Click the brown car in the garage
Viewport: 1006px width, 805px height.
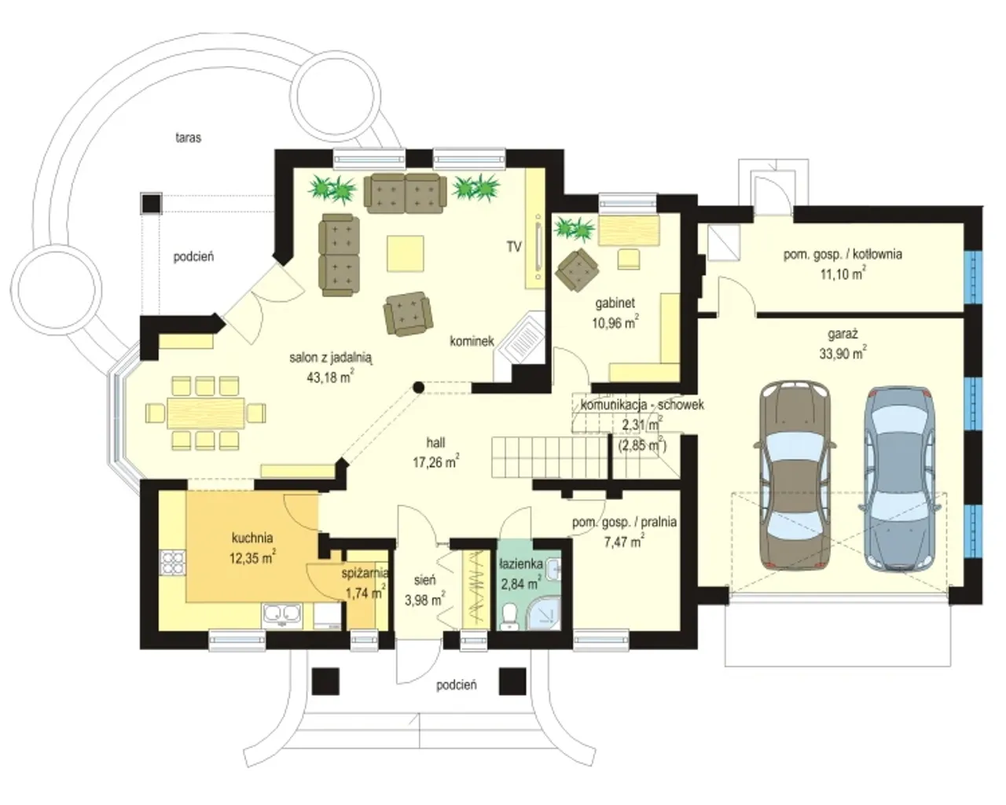pos(795,476)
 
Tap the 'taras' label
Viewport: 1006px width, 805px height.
pos(189,138)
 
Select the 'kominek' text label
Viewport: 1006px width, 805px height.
pos(472,341)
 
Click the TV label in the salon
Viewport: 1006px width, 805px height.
pos(514,247)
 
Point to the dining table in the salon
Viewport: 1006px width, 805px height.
pos(206,413)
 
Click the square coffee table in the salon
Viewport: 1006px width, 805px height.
pos(406,253)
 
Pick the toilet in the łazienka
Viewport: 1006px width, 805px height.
pos(509,616)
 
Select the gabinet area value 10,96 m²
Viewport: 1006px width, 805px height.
pos(615,323)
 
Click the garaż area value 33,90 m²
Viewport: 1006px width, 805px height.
pos(843,353)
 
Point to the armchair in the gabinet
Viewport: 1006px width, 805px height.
pos(578,270)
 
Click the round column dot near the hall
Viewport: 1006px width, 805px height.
pos(418,388)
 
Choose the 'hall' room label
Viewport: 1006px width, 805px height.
pos(435,443)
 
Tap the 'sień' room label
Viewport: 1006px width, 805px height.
pos(425,580)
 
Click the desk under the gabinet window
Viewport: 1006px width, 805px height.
pos(629,230)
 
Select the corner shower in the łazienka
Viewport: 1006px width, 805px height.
pos(544,612)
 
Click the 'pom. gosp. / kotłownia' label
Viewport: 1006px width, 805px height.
pos(843,255)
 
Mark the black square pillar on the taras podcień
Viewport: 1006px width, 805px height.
pos(151,204)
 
